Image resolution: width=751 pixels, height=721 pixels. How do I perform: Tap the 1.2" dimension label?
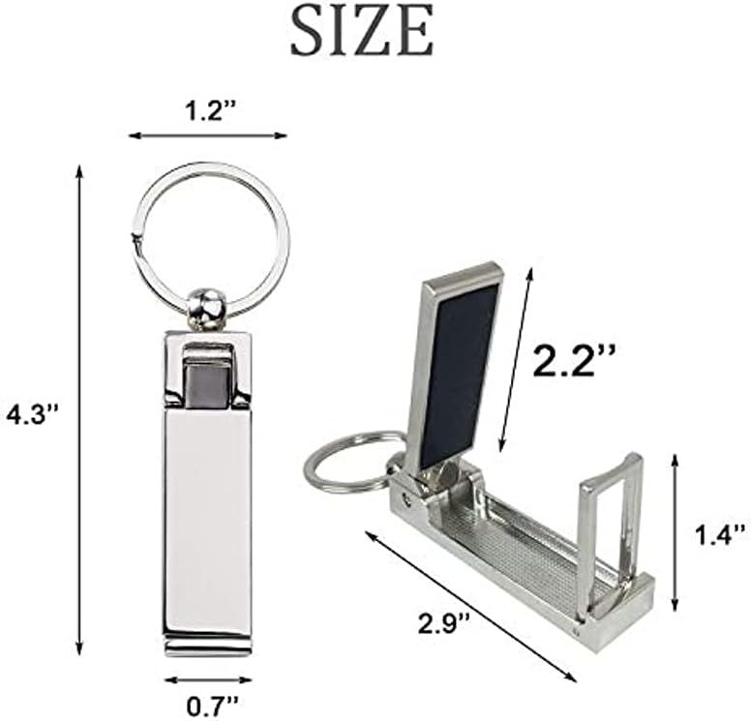point(209,112)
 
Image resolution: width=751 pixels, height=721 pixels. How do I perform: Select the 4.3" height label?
point(32,414)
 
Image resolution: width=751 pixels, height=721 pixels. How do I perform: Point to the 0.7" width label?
point(212,705)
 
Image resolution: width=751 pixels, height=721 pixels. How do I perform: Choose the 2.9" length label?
point(443,623)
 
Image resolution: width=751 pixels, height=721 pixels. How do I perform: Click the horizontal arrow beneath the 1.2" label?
point(208,135)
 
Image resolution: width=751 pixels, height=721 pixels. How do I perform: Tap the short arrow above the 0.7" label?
point(208,679)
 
